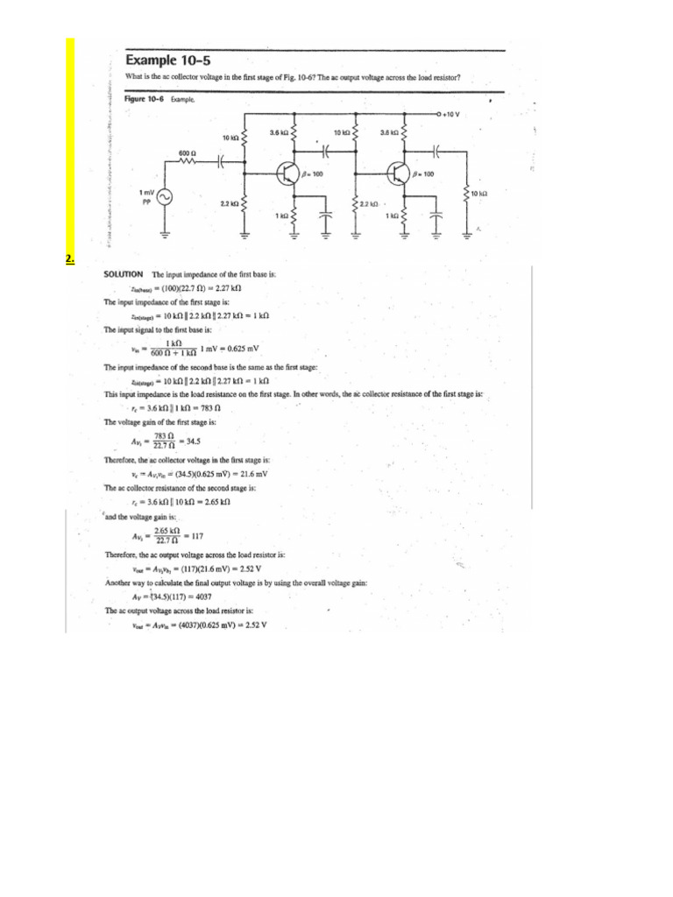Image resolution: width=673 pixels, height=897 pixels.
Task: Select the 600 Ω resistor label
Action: pyautogui.click(x=187, y=152)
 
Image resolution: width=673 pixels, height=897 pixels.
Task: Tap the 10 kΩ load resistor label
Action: pyautogui.click(x=481, y=193)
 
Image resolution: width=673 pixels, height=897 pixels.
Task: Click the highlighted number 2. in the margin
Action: pyautogui.click(x=70, y=258)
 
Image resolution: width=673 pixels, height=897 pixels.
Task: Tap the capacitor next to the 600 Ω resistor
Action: pyautogui.click(x=223, y=163)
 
